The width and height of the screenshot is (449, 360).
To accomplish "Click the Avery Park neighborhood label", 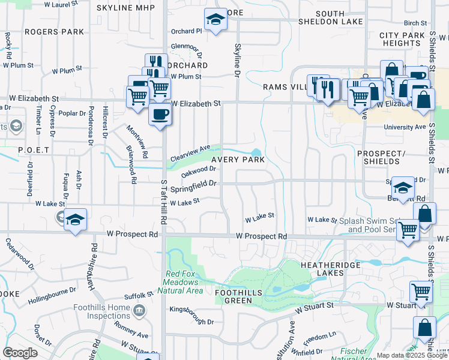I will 237,160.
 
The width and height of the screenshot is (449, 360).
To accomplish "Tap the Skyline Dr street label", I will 237,59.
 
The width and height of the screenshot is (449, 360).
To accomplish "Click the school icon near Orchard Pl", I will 215,20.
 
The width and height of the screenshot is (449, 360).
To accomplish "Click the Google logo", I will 20,353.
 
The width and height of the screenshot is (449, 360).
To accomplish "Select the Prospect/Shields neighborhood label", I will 378,157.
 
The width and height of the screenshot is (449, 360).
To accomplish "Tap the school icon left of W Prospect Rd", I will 76,220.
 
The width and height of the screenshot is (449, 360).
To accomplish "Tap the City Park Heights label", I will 402,40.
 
